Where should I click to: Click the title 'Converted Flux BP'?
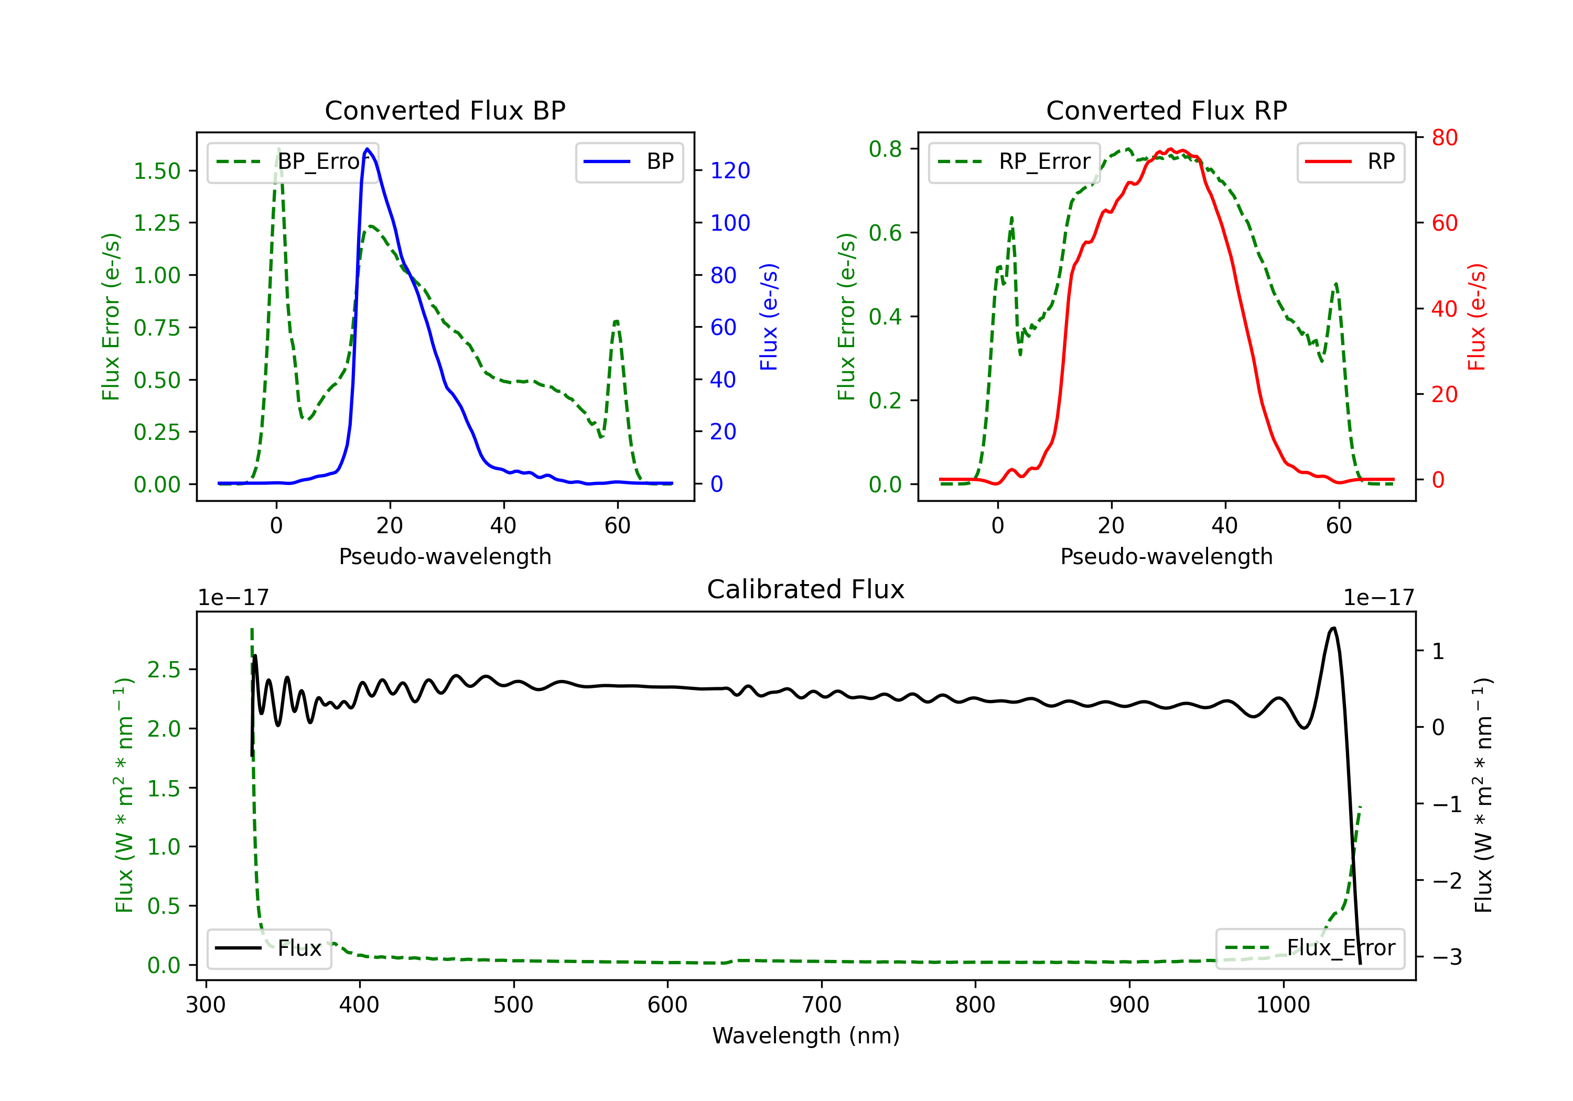(445, 110)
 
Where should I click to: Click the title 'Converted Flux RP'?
(1166, 110)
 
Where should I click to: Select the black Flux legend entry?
(270, 948)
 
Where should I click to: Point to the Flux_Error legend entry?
(1310, 948)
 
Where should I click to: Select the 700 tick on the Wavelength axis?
(822, 1005)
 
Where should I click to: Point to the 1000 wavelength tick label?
(1283, 1005)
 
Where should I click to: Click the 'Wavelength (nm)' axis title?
(806, 1035)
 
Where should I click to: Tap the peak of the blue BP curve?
(367, 149)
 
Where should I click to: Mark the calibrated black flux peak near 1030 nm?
(1332, 628)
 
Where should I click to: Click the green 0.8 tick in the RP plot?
(885, 149)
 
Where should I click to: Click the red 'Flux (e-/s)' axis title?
(1477, 317)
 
